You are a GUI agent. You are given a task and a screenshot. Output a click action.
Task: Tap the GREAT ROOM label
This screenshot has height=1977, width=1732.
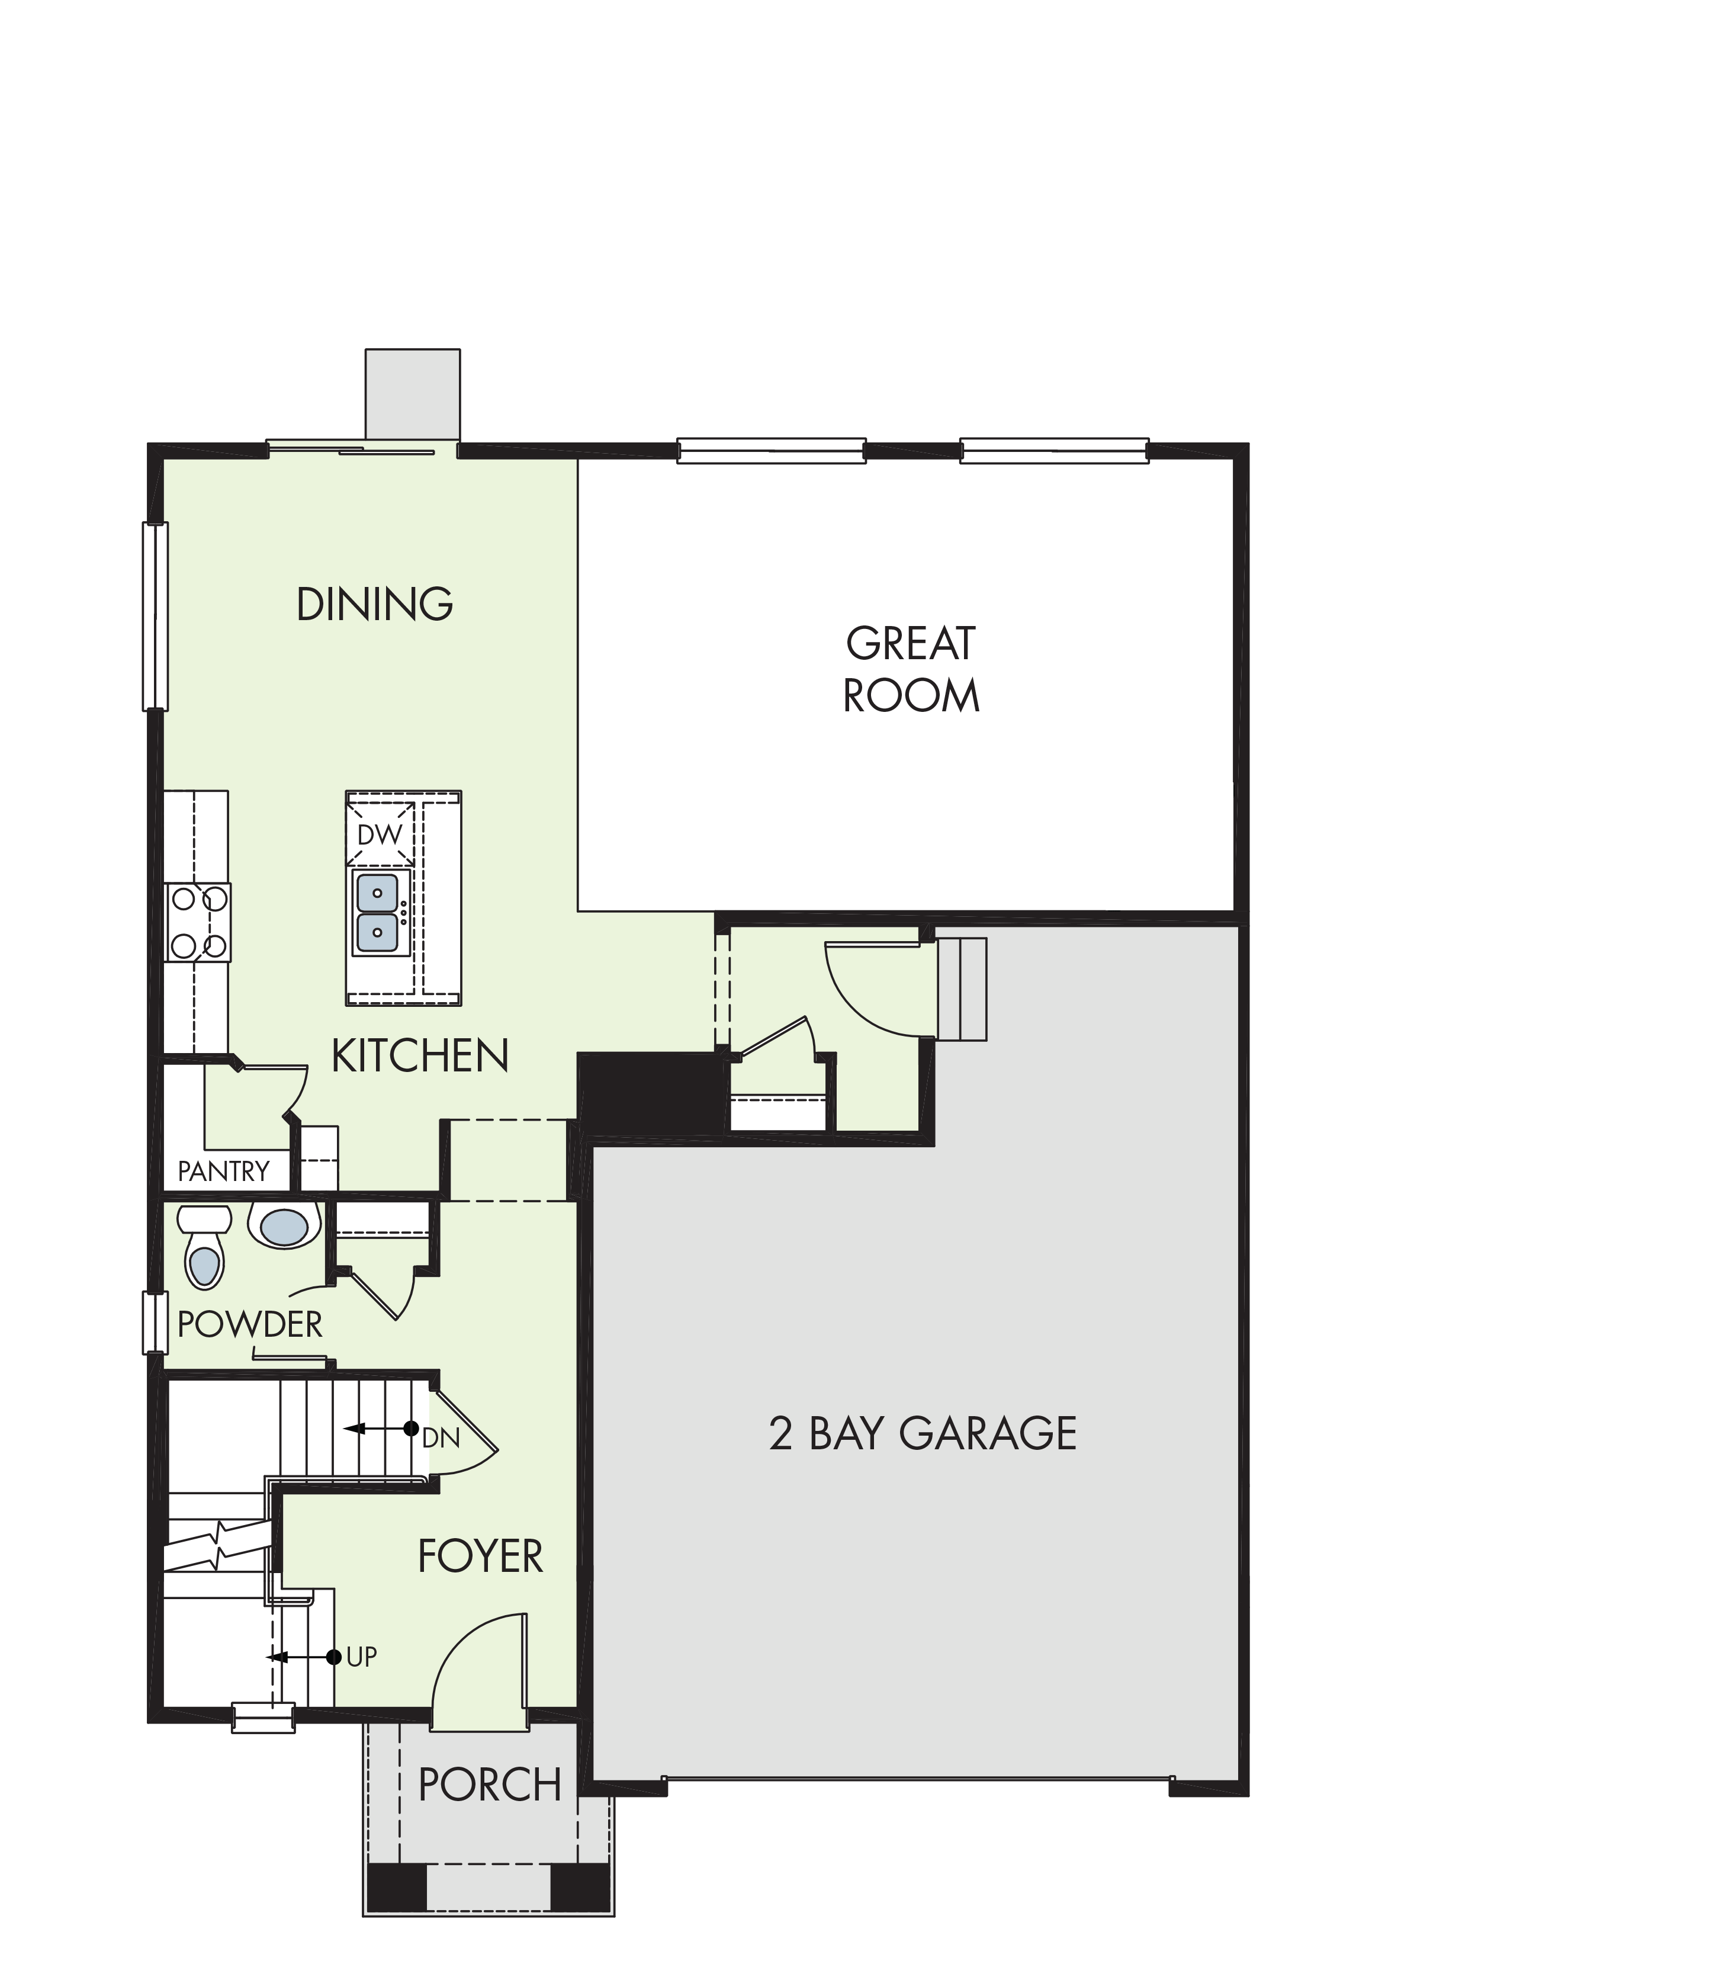[911, 669]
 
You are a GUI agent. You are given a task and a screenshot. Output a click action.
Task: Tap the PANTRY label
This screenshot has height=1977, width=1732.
[223, 1172]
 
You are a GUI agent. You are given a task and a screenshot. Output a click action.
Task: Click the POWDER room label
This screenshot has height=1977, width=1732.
[249, 1324]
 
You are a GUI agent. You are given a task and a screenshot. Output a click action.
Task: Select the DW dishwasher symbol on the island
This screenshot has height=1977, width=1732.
[380, 835]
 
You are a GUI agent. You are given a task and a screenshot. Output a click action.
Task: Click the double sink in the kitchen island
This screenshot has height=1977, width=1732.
[377, 912]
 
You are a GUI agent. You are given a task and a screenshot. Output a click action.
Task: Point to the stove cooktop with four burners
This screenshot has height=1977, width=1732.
[198, 922]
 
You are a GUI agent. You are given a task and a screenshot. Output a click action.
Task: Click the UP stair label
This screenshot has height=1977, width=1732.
[361, 1657]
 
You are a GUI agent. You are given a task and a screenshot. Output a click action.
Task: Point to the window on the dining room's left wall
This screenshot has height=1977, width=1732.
[155, 617]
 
